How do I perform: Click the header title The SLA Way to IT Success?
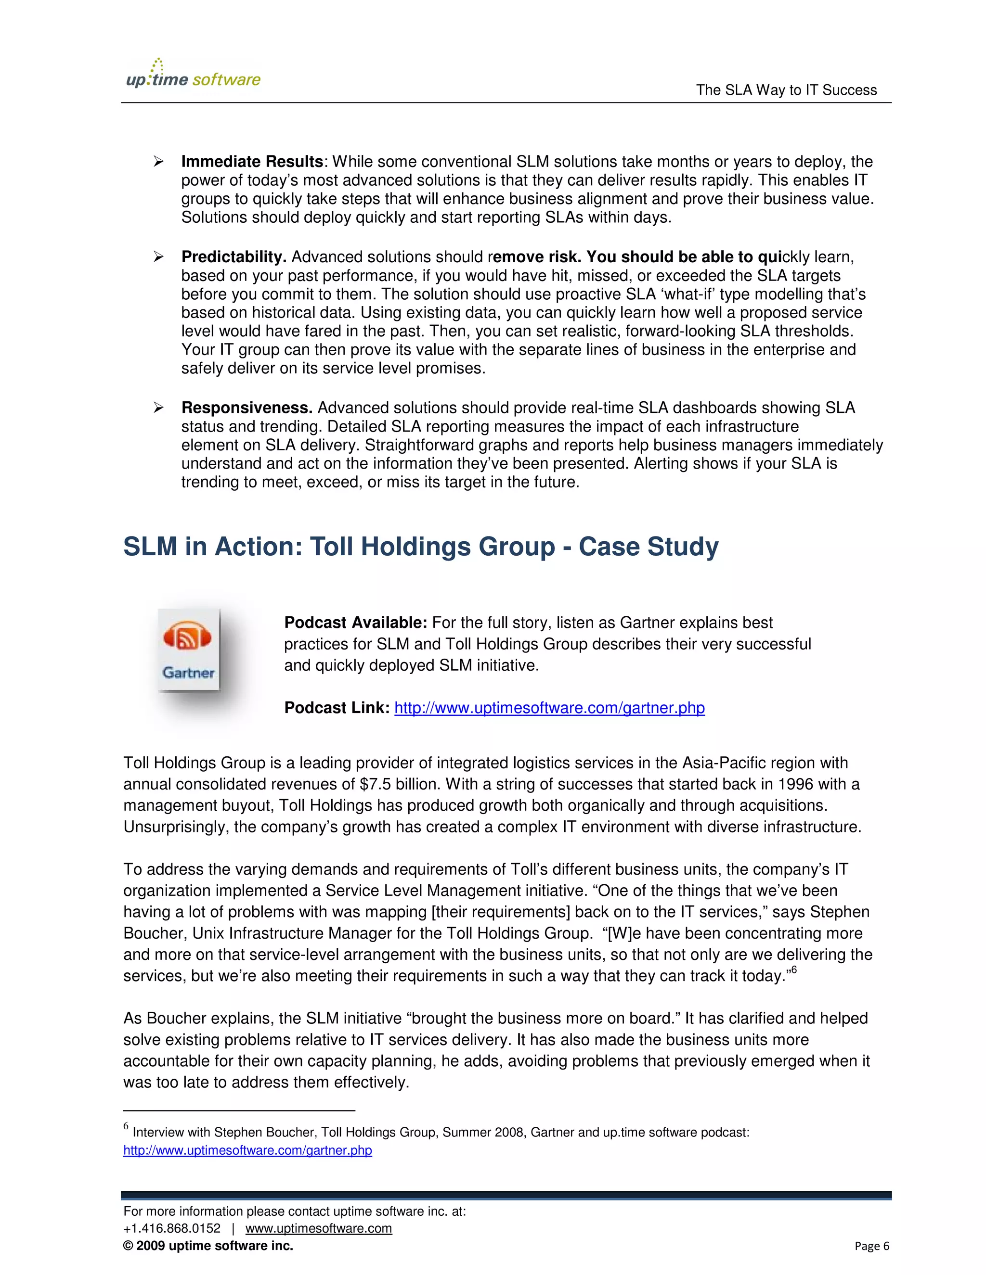pyautogui.click(x=786, y=90)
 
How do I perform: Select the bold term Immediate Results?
pyautogui.click(x=252, y=162)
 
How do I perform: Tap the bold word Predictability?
pyautogui.click(x=234, y=257)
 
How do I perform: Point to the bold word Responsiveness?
pyautogui.click(x=246, y=408)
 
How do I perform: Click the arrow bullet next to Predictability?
pyautogui.click(x=158, y=257)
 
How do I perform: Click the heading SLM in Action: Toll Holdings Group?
pyautogui.click(x=421, y=547)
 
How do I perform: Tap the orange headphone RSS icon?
pyautogui.click(x=187, y=637)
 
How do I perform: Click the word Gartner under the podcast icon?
pyautogui.click(x=188, y=673)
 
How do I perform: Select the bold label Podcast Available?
pyautogui.click(x=355, y=623)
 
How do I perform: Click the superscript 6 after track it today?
pyautogui.click(x=794, y=970)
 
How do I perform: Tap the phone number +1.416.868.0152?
pyautogui.click(x=172, y=1228)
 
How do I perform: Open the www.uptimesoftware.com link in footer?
pyautogui.click(x=318, y=1228)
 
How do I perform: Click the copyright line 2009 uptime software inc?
pyautogui.click(x=208, y=1246)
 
